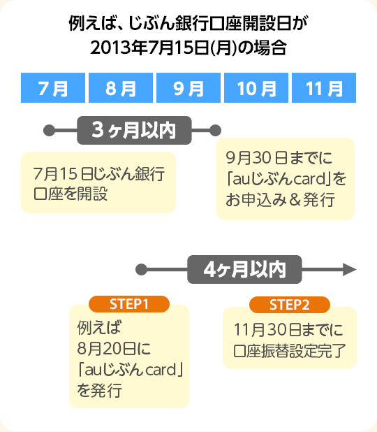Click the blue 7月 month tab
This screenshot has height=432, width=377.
pyautogui.click(x=53, y=89)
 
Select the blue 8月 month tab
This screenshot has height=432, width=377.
pyautogui.click(x=121, y=89)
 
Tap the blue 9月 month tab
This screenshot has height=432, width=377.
pyautogui.click(x=188, y=89)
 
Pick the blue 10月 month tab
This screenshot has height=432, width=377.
pyautogui.click(x=256, y=89)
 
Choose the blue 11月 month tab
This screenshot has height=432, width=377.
pyautogui.click(x=324, y=89)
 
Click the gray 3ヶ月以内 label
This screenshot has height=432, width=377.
pyautogui.click(x=131, y=129)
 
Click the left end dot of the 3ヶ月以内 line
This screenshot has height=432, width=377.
pyautogui.click(x=48, y=129)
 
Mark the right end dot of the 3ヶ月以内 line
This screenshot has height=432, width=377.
pyautogui.click(x=215, y=129)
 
